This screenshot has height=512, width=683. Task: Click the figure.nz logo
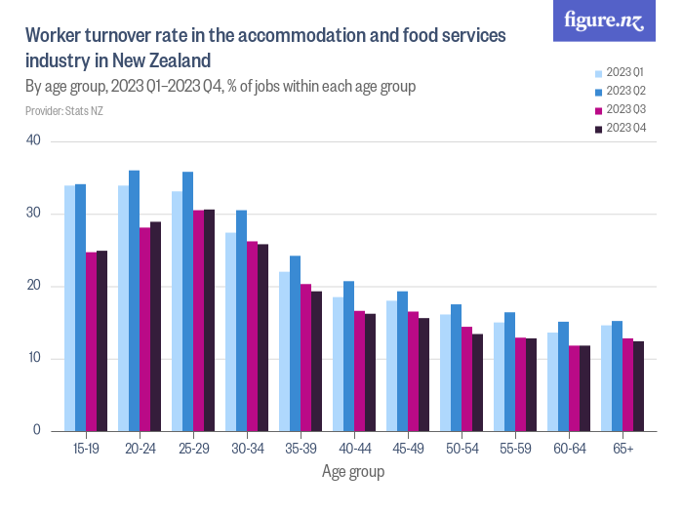tap(604, 20)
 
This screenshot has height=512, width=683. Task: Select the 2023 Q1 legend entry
tap(619, 72)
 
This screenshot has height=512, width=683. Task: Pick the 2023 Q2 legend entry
tap(619, 91)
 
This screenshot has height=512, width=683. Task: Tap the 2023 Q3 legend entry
tap(619, 109)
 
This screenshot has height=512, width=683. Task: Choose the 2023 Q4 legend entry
tap(619, 128)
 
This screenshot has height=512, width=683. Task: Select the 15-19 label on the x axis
tap(85, 449)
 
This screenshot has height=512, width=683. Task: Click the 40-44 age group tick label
tap(353, 449)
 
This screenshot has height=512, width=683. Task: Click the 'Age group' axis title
tap(353, 472)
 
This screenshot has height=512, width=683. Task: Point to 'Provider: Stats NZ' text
tap(64, 111)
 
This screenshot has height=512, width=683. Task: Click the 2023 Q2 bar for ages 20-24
tap(134, 300)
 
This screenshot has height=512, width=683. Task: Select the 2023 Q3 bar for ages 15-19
tap(91, 341)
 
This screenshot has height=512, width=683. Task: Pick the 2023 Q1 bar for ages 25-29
tap(177, 310)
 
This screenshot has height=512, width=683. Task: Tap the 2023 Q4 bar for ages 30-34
tap(262, 337)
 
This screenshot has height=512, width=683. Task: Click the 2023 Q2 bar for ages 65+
tap(617, 375)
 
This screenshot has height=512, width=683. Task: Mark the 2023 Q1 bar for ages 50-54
tap(445, 373)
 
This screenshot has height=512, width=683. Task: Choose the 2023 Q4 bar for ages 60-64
tap(584, 388)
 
